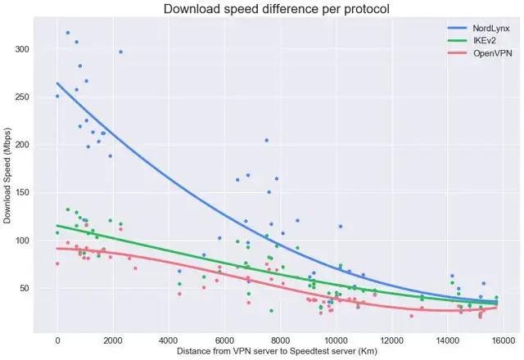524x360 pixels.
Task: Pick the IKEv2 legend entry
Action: [464, 41]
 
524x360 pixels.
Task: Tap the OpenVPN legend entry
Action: [471, 53]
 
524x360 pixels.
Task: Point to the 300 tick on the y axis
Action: [23, 49]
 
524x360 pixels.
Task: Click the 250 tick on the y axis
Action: [23, 97]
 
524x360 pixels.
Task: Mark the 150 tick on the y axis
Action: [23, 193]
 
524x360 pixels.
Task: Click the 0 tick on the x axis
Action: [57, 340]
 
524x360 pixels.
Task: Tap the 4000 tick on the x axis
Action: [169, 340]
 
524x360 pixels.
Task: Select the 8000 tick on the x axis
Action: [280, 340]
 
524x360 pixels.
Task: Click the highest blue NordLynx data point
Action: [67, 33]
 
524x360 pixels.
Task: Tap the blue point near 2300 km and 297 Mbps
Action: [121, 52]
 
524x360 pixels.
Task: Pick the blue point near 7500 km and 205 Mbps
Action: [266, 140]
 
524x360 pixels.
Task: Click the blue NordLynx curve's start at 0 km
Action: [57, 83]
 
